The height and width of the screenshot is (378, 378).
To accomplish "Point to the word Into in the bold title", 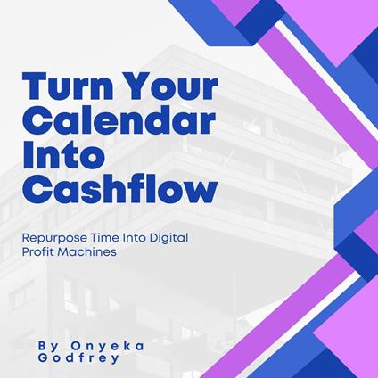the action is [x=64, y=154].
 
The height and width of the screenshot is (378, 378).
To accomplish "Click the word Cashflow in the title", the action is [x=119, y=189].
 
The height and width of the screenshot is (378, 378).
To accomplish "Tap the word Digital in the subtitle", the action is [x=168, y=239].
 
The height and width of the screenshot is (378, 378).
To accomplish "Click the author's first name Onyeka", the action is [x=108, y=346].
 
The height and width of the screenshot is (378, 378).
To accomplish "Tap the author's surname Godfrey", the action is [x=78, y=358].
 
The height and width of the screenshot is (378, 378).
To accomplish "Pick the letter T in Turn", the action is [x=35, y=86].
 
